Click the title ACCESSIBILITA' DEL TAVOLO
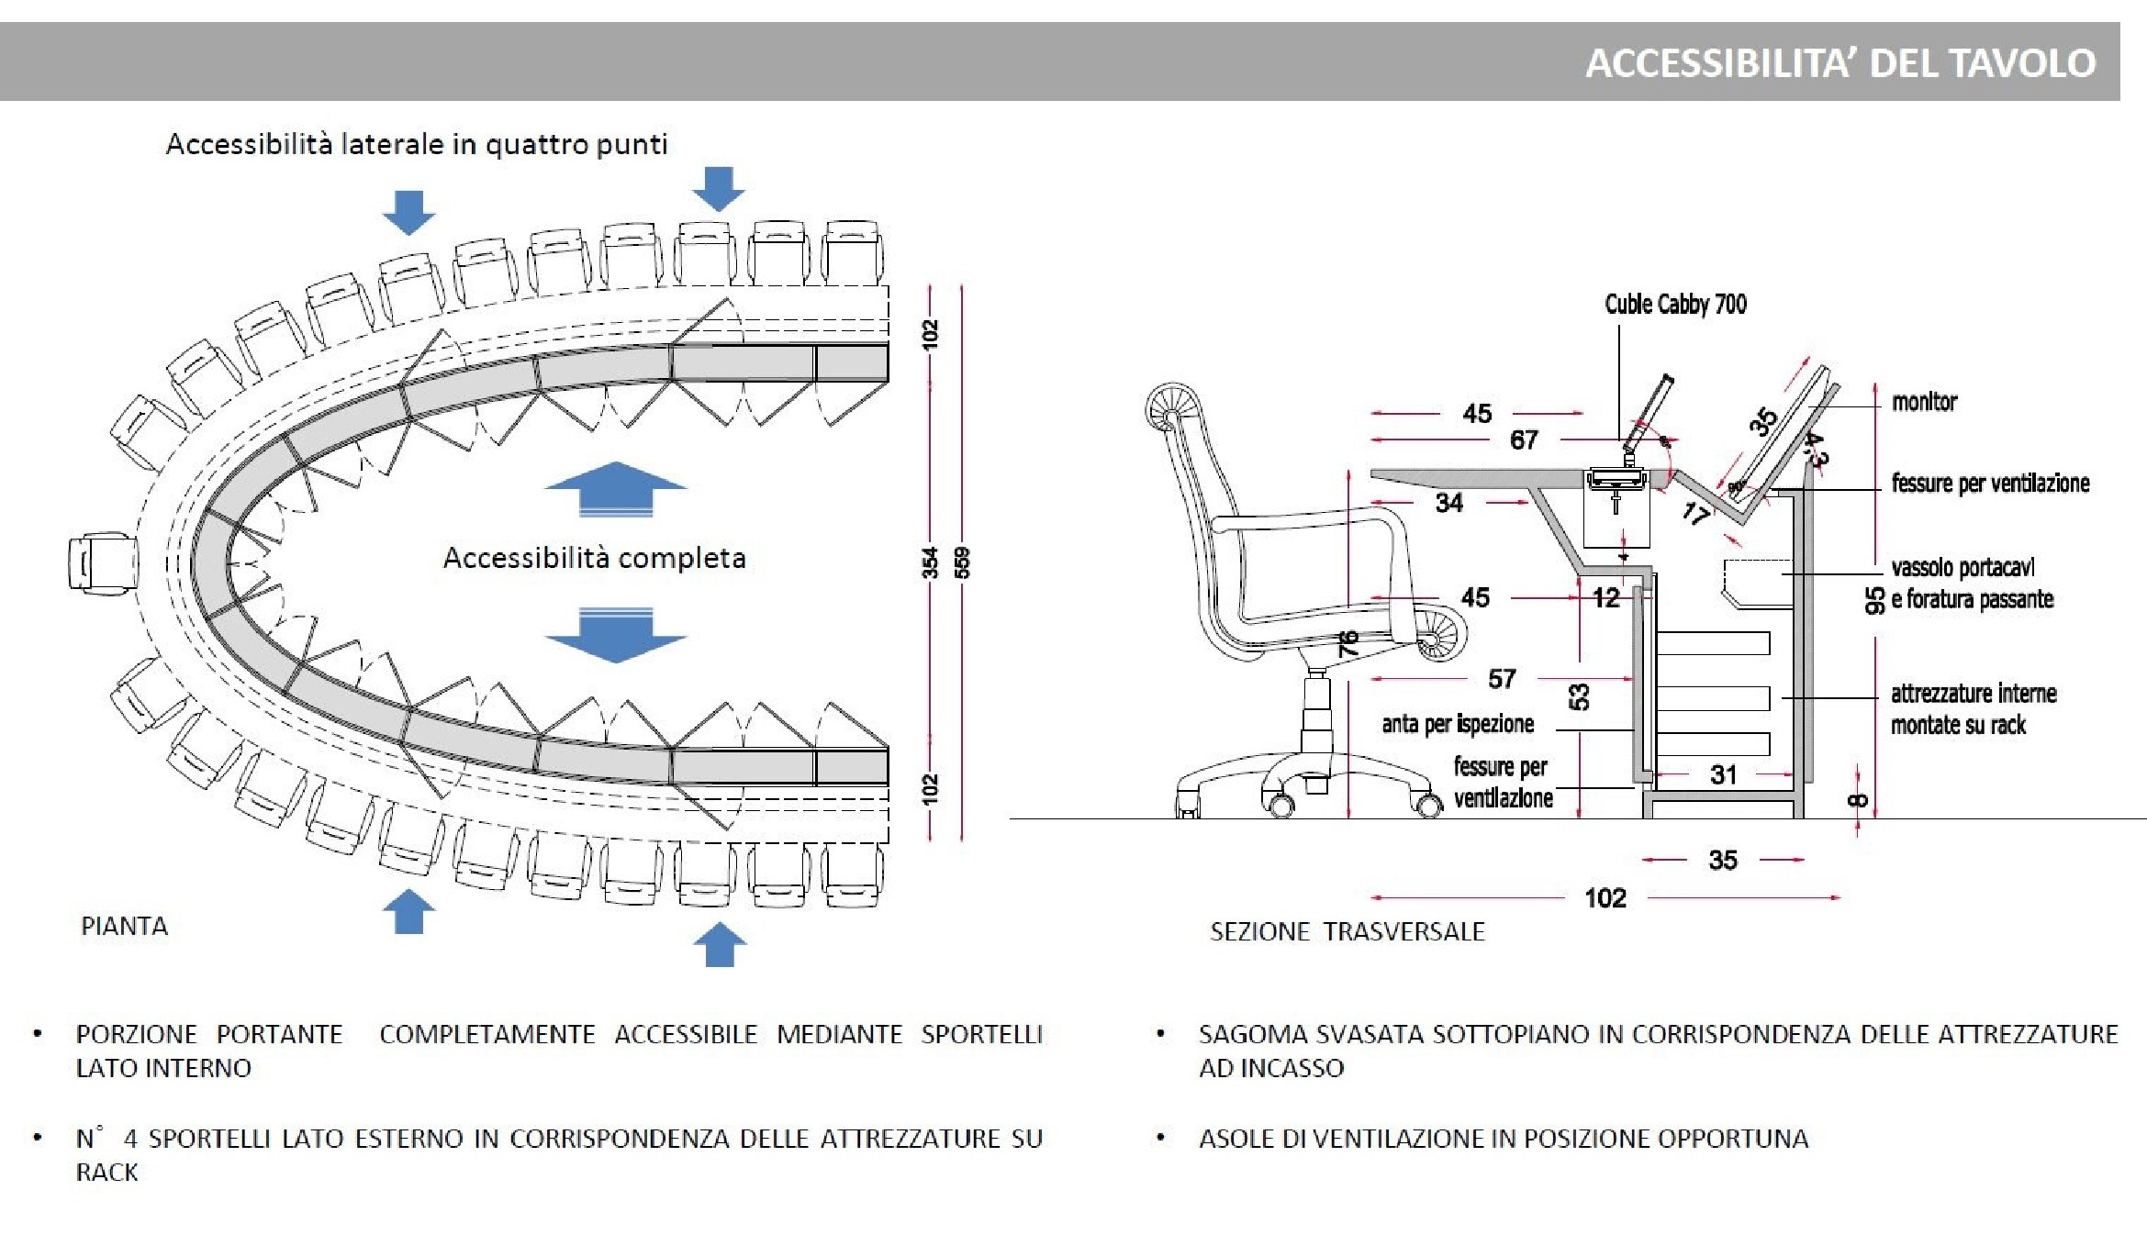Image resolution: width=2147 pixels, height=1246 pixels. [1839, 63]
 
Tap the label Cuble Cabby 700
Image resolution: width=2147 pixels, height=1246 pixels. [1675, 304]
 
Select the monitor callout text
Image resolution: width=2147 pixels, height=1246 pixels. [1924, 402]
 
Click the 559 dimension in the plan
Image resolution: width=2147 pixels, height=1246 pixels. [962, 562]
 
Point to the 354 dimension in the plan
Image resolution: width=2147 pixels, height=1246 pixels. [931, 562]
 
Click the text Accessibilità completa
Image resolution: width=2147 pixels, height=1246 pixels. [594, 558]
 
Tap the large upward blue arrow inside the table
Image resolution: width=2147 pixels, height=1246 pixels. [616, 489]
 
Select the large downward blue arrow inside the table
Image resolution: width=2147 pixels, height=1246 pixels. [616, 635]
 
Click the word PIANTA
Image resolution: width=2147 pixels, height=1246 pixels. [125, 926]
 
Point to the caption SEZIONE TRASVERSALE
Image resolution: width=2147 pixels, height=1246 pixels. [1347, 931]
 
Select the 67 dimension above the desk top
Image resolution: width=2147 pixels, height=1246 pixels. [1524, 440]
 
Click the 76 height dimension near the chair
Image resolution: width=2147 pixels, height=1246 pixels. [1347, 641]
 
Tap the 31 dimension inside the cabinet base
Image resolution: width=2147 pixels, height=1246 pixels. [1723, 775]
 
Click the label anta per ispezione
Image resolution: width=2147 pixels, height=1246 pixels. [1458, 724]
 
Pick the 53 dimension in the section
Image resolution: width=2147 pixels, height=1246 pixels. [1579, 696]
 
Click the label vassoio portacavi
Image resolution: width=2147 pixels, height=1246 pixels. [1962, 568]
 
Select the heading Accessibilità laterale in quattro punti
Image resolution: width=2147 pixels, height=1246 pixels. [416, 144]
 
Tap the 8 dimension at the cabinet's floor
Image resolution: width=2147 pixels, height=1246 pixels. [1857, 800]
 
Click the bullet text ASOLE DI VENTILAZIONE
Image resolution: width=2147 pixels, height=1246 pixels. [1503, 1139]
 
